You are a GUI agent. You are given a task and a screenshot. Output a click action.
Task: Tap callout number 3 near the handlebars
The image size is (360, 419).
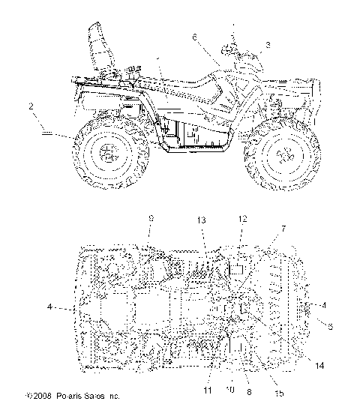pyautogui.click(x=267, y=46)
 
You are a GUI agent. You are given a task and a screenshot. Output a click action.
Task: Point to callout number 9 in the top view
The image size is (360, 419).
pyautogui.click(x=150, y=218)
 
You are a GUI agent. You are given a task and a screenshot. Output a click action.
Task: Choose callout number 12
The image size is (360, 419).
pyautogui.click(x=242, y=218)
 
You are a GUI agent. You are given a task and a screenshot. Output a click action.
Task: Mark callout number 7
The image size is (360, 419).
pyautogui.click(x=283, y=227)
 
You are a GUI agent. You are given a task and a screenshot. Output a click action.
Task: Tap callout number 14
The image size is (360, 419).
pyautogui.click(x=319, y=367)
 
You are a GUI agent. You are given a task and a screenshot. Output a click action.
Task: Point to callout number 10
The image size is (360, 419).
pyautogui.click(x=230, y=391)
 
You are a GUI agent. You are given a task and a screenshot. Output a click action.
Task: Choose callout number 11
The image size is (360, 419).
pyautogui.click(x=207, y=391)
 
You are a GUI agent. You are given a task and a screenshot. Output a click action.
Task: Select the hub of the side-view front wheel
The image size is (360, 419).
pyautogui.click(x=284, y=156)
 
